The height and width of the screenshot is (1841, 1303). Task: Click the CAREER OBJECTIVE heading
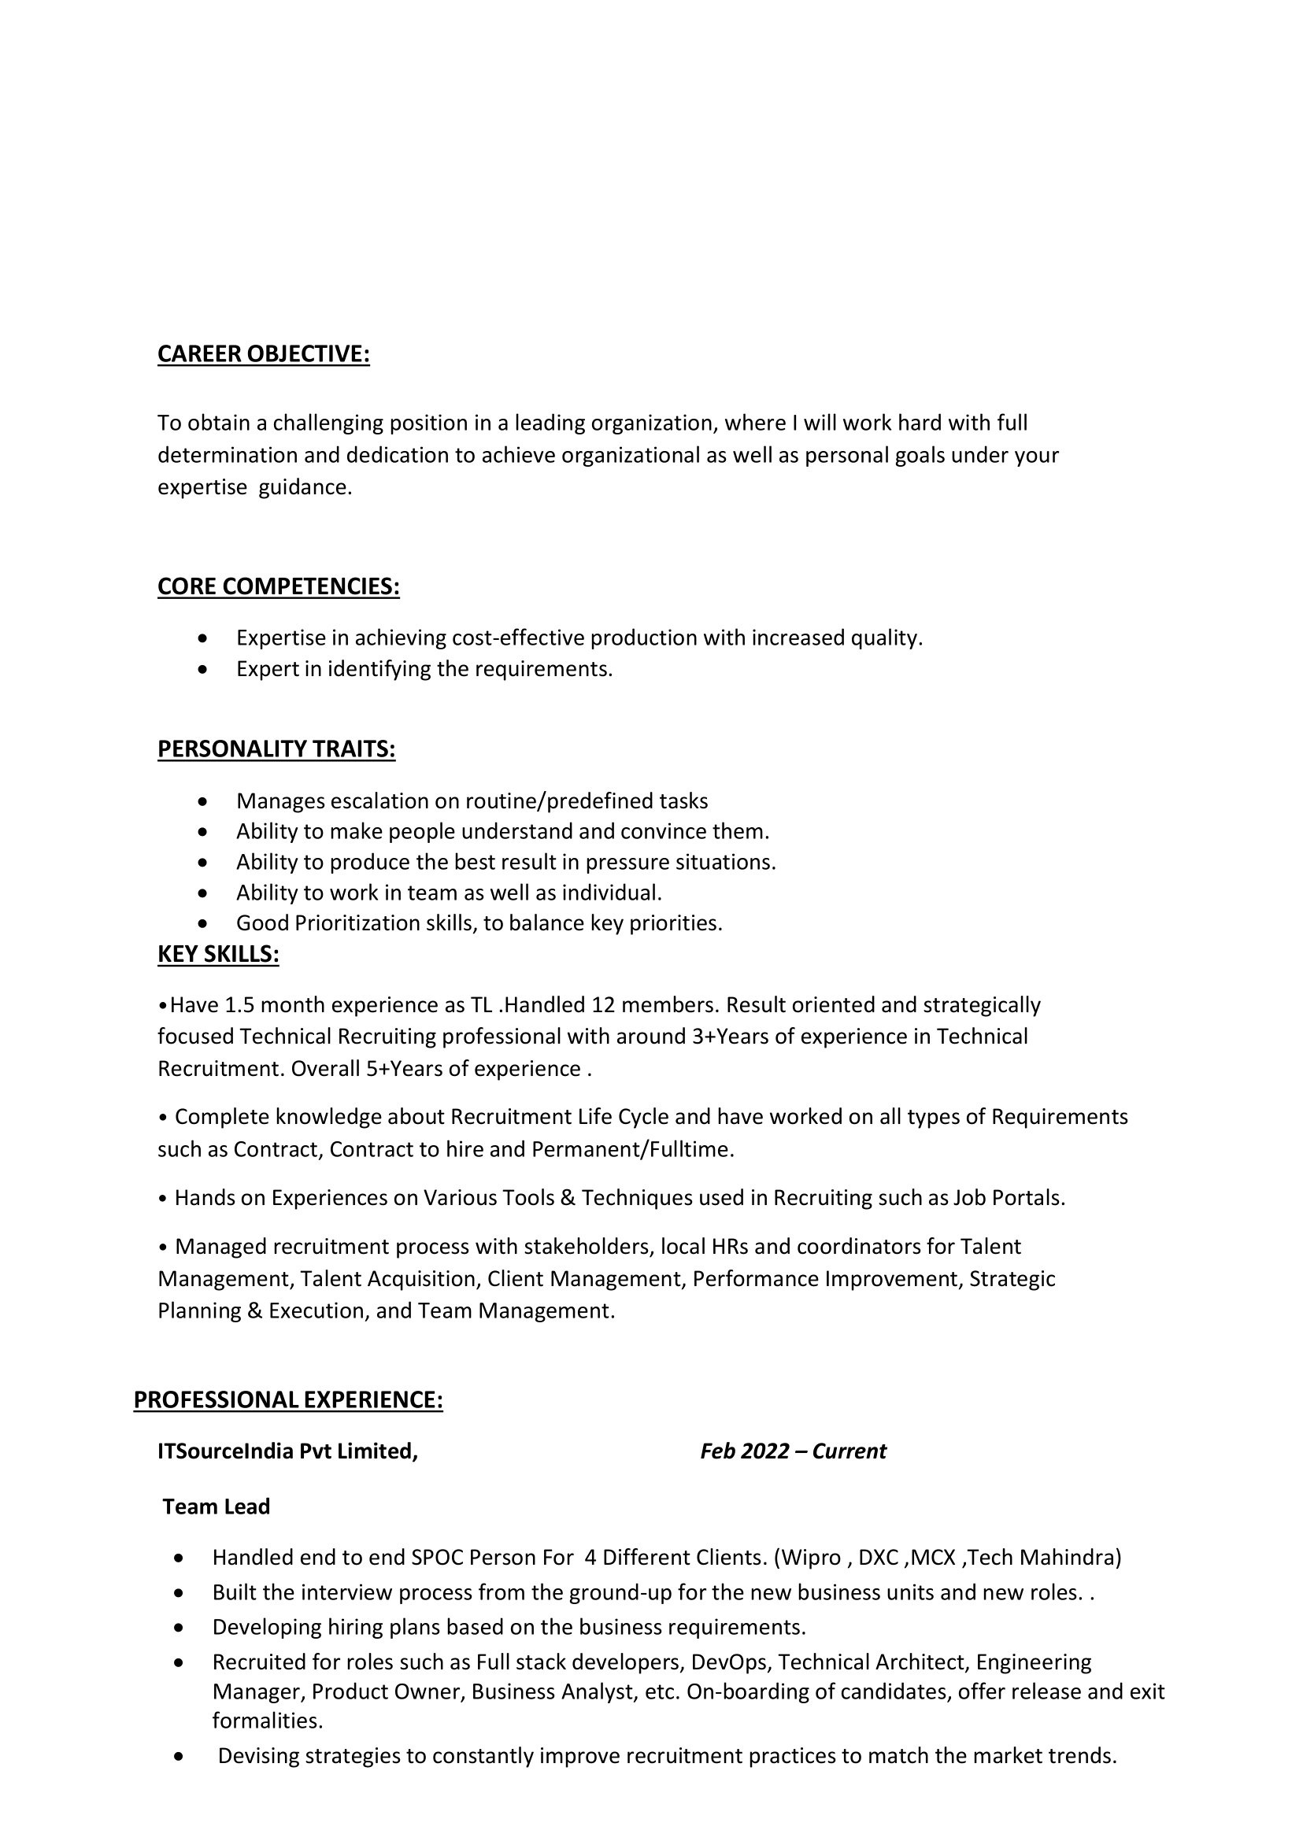coord(263,353)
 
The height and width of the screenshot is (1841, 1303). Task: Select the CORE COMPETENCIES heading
coord(279,586)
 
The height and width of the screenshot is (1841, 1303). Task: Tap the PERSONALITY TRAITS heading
coord(276,749)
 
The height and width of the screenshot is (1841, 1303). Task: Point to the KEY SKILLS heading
coord(218,954)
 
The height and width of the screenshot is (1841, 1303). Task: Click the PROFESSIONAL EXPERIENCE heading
coord(288,1399)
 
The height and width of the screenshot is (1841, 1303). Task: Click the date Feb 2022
coord(745,1451)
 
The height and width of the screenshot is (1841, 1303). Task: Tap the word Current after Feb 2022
coord(849,1451)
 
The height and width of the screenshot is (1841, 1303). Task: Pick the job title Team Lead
coord(217,1506)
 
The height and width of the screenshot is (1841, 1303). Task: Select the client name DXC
coord(878,1558)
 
